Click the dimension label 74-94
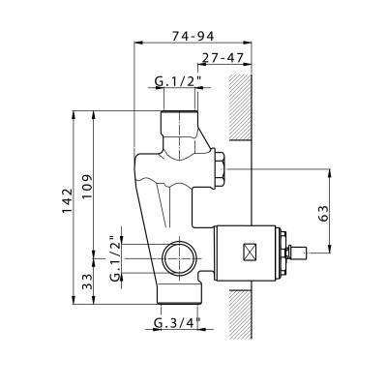click(193, 36)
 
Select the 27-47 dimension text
click(223, 58)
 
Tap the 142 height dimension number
click(68, 200)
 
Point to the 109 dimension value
click(87, 188)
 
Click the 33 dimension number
click(87, 282)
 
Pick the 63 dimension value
click(323, 213)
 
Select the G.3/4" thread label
click(177, 322)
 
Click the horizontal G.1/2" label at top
click(178, 81)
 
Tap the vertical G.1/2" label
click(115, 259)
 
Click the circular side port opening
click(179, 258)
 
